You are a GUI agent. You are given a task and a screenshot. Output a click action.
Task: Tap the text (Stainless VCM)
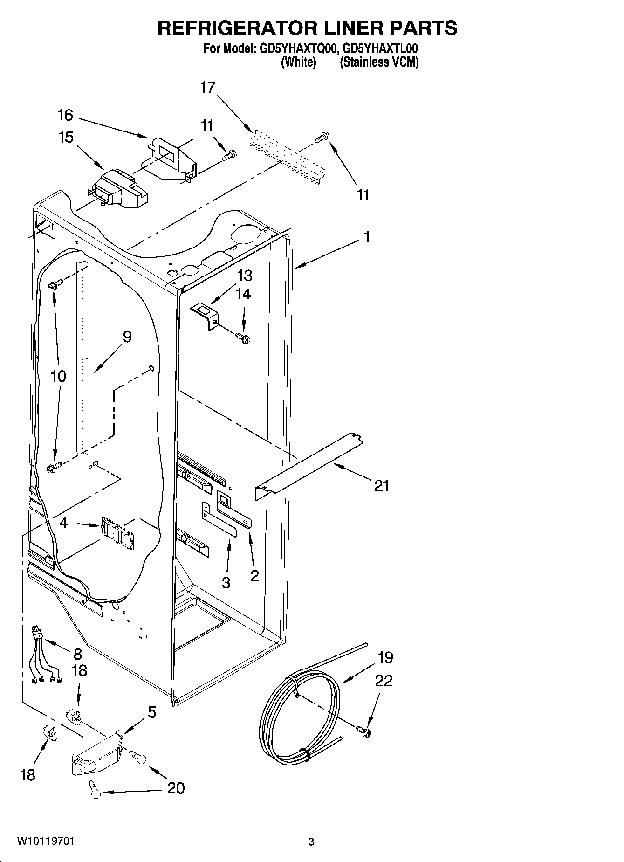click(379, 62)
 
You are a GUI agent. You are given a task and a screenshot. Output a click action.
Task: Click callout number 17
click(208, 87)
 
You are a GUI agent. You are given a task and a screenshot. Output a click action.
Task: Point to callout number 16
click(66, 115)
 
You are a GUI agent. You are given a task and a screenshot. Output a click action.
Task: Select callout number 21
click(382, 486)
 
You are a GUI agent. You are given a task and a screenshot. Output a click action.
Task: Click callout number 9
click(127, 337)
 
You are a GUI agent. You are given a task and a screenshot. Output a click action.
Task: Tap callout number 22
click(384, 681)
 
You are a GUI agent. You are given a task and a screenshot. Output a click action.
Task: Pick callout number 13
click(245, 276)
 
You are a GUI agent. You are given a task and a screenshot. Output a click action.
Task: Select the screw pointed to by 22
click(363, 731)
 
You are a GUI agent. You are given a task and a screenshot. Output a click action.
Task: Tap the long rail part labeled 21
click(308, 466)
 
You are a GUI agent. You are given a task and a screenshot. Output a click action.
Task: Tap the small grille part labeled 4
click(117, 530)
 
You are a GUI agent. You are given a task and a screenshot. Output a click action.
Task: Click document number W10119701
click(46, 841)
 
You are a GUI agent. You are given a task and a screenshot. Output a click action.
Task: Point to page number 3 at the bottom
click(311, 842)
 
